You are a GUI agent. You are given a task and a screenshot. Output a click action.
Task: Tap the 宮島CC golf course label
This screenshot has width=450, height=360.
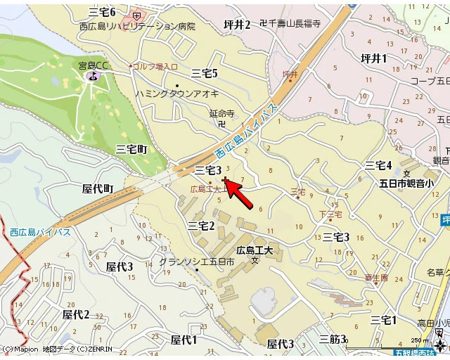tap(94, 66)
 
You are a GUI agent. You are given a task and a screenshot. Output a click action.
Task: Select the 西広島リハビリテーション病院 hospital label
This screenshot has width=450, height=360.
tap(137, 26)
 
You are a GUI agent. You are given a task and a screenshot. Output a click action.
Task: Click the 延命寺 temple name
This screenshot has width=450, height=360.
tap(221, 112)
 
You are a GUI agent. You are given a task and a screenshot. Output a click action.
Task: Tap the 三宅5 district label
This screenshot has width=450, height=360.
tap(205, 73)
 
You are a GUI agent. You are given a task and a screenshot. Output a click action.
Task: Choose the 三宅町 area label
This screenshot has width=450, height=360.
tap(131, 149)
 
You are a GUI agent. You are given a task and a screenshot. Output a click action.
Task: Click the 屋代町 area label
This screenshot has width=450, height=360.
tap(98, 188)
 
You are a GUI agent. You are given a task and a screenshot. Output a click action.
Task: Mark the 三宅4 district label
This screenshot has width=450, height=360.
tap(378, 165)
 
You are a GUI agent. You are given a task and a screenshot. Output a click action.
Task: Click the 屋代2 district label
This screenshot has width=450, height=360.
tap(76, 314)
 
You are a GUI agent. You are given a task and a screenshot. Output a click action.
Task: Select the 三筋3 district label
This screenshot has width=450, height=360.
tap(333, 340)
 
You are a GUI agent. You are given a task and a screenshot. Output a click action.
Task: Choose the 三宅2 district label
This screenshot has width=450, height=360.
tap(201, 225)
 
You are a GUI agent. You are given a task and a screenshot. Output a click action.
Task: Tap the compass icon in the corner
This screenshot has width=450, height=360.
tap(441, 345)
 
